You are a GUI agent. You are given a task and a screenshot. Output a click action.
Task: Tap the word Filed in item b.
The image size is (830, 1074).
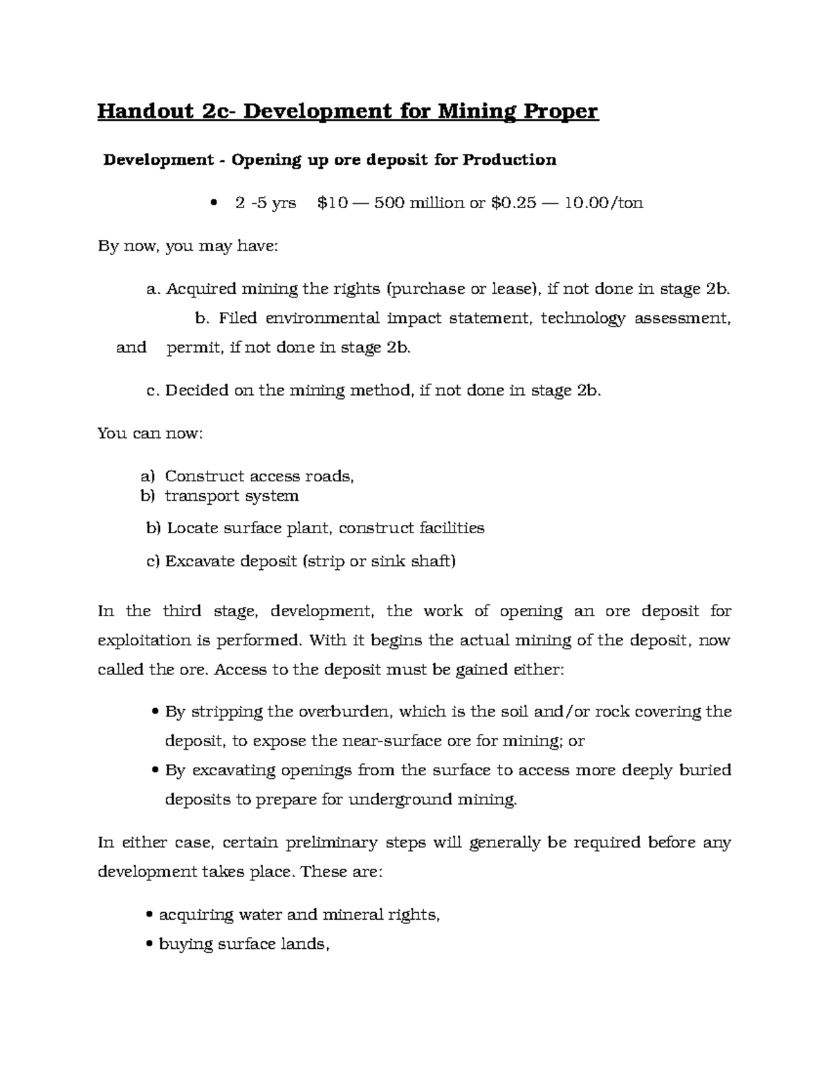pyautogui.click(x=237, y=318)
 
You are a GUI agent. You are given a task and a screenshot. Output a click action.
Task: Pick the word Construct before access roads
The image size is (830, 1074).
pyautogui.click(x=203, y=476)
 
